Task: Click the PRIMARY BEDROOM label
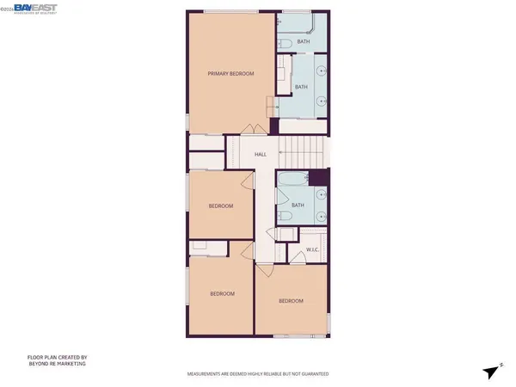[231, 74]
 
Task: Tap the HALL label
[261, 155]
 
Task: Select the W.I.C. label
[313, 250]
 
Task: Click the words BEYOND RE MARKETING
[62, 365]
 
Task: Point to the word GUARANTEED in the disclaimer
[312, 376]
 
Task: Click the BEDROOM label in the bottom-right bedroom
[291, 301]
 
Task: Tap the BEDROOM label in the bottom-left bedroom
[223, 294]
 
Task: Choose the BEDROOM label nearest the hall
[222, 206]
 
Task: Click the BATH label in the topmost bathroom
[304, 41]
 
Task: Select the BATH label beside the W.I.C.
[298, 205]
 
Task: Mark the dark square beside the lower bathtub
[317, 177]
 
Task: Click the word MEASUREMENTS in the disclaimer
[208, 376]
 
